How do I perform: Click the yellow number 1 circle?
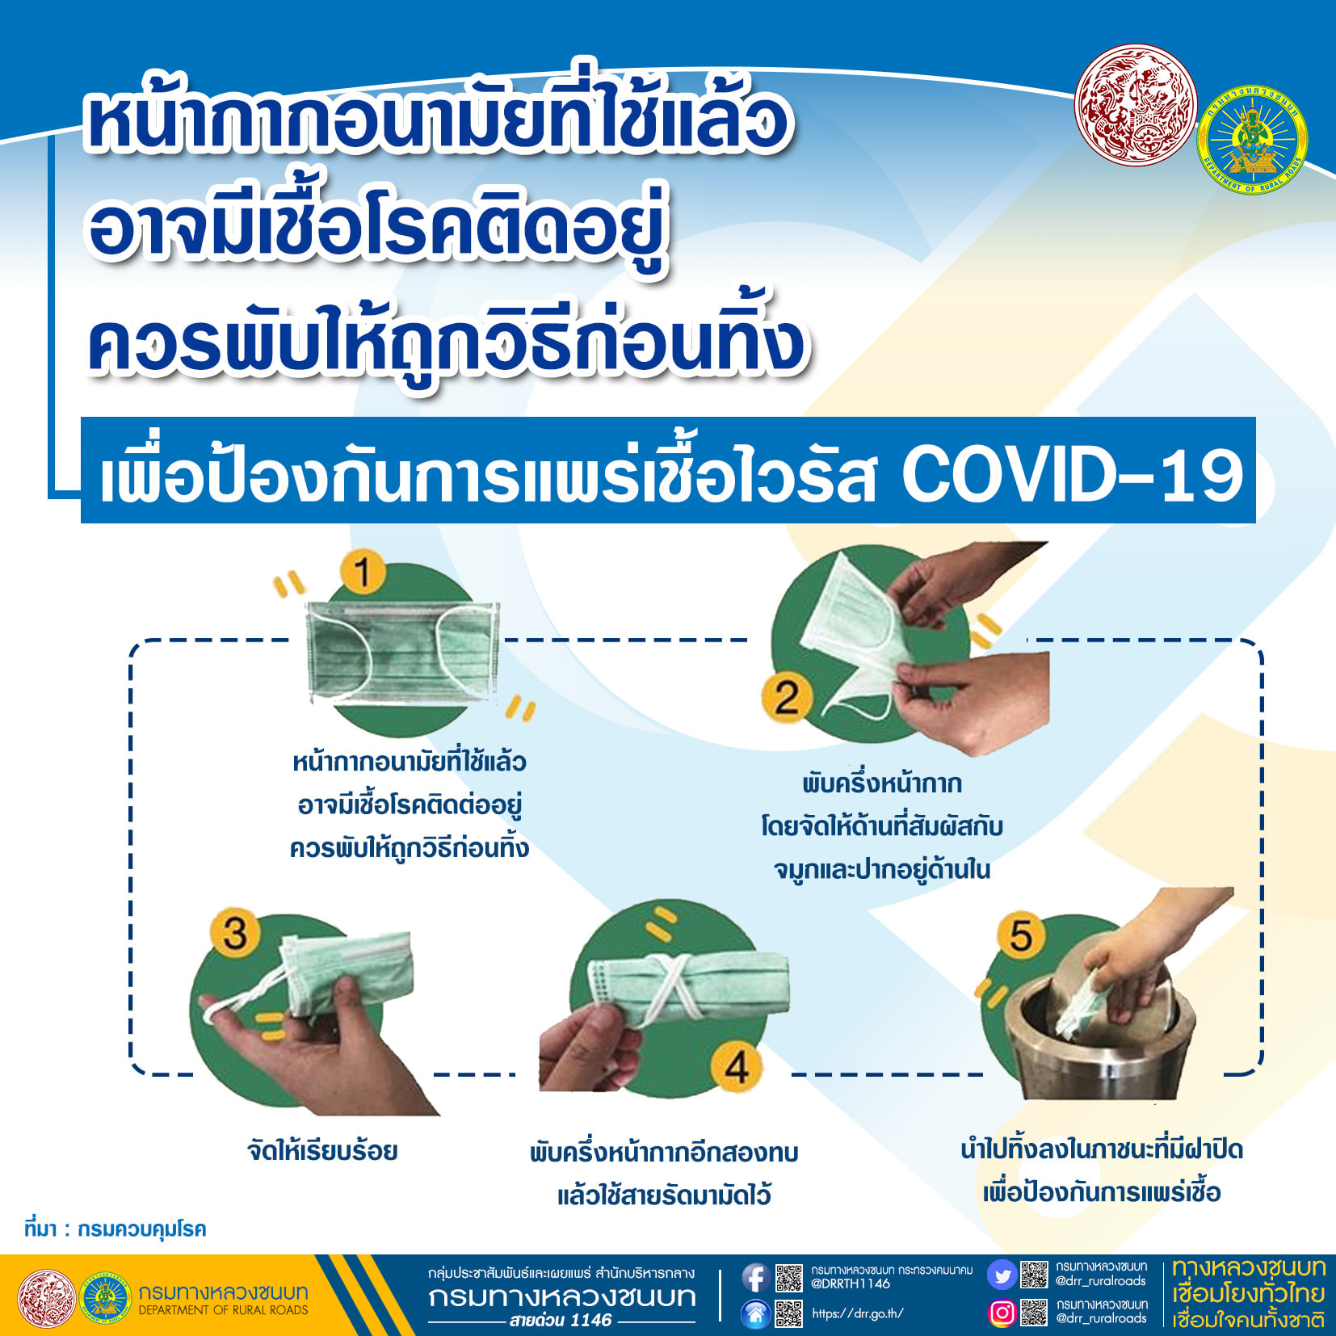click(363, 572)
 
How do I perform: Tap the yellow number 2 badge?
click(785, 698)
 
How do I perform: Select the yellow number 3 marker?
click(234, 933)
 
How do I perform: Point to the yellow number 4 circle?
click(736, 1068)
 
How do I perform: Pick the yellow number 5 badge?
click(1021, 935)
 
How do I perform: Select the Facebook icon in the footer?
click(755, 1277)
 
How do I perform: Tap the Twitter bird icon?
click(1002, 1276)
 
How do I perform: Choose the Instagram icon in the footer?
click(1002, 1313)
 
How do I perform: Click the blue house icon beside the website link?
click(755, 1314)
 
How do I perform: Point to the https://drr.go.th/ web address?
click(858, 1313)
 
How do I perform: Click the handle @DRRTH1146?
click(851, 1283)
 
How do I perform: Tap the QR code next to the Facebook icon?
click(789, 1277)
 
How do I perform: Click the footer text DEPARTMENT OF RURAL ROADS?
click(223, 1310)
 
